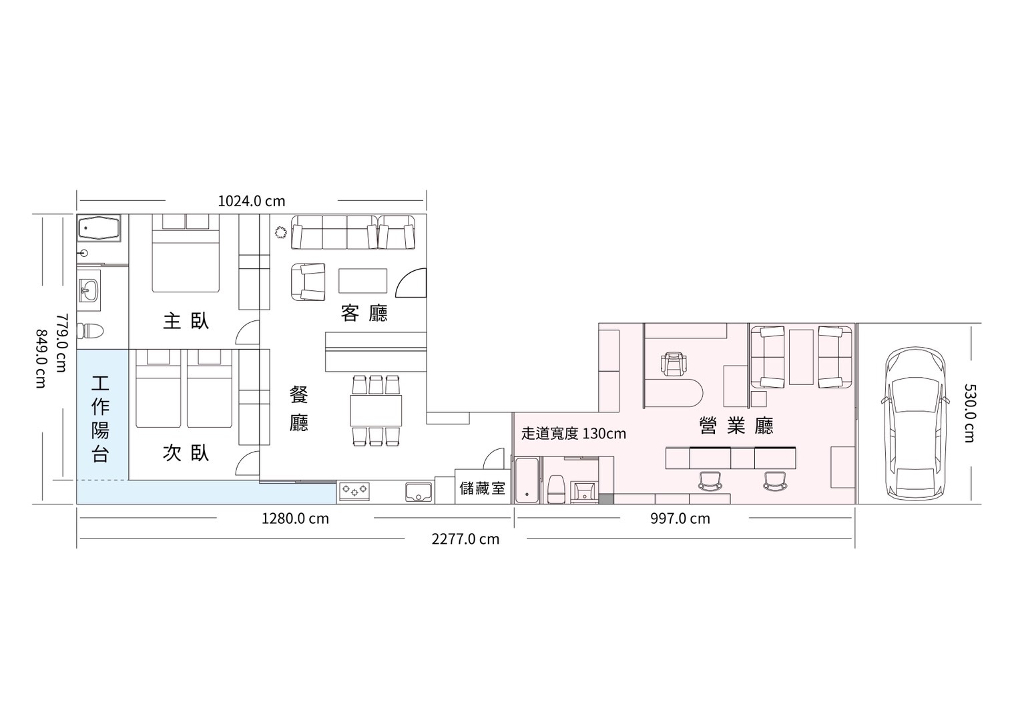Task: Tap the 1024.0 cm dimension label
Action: (252, 201)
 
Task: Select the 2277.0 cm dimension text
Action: (465, 539)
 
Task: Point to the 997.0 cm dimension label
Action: (680, 518)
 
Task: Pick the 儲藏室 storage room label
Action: (482, 488)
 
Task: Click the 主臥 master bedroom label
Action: (186, 321)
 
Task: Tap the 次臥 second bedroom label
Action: (186, 453)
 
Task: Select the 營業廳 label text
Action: (736, 425)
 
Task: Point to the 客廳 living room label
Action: (364, 313)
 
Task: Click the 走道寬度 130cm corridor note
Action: (573, 434)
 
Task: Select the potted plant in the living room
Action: (281, 232)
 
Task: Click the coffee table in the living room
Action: (363, 280)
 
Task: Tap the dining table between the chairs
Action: (376, 410)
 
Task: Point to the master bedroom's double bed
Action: (186, 254)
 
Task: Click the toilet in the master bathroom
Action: (90, 330)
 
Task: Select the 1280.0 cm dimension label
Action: (295, 518)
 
